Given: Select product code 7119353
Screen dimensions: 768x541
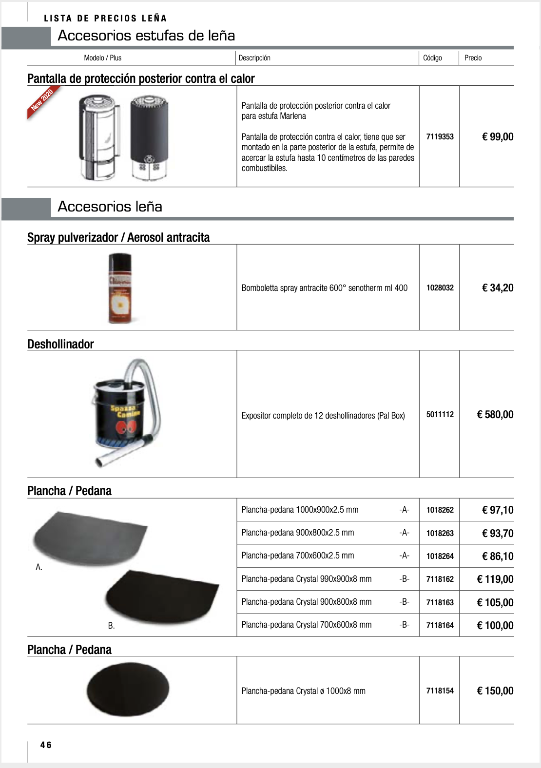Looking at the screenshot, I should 440,137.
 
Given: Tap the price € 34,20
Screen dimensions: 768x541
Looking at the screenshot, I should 498,288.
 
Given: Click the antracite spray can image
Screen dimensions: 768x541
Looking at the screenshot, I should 120,288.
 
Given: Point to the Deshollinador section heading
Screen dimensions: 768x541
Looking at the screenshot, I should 60,344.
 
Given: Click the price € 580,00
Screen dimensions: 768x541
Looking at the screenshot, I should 495,415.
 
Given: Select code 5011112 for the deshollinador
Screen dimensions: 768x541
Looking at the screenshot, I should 440,415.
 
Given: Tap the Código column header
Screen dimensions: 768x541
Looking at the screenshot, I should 432,58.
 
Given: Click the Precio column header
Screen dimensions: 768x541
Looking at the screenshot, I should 473,58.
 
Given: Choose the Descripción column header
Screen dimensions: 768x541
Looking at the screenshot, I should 254,58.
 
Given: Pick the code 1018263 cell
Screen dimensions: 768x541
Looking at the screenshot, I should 440,533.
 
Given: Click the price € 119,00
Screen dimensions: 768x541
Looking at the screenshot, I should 495,579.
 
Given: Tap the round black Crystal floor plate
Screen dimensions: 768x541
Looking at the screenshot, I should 128,689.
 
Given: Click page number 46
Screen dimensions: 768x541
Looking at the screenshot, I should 46,745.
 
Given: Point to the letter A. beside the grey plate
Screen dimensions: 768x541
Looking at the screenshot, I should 39,567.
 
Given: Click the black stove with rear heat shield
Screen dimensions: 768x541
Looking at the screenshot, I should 150,136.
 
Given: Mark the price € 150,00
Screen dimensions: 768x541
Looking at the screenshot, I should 495,691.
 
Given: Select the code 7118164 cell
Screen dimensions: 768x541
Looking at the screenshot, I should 440,626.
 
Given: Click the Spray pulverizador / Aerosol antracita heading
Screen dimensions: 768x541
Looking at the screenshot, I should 118,237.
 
